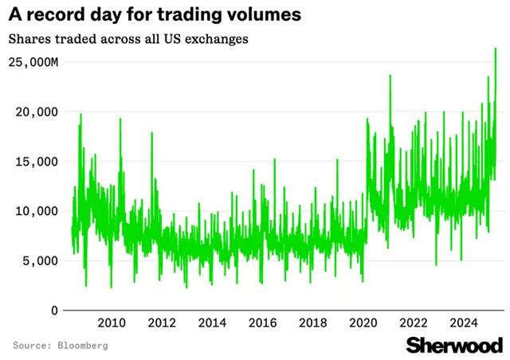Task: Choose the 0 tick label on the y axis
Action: coord(54,310)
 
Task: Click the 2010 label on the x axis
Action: coord(111,323)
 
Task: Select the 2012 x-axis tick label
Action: coord(161,323)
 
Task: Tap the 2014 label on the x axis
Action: coord(211,323)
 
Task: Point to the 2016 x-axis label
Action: coord(262,323)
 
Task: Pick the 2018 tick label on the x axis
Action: coord(312,323)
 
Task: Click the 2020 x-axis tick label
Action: coord(363,323)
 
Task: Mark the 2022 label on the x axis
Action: coord(413,323)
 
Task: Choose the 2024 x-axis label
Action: coord(463,323)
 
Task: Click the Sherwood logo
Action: coord(454,345)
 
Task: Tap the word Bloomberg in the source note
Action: coord(82,346)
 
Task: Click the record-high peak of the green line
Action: coord(496,49)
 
